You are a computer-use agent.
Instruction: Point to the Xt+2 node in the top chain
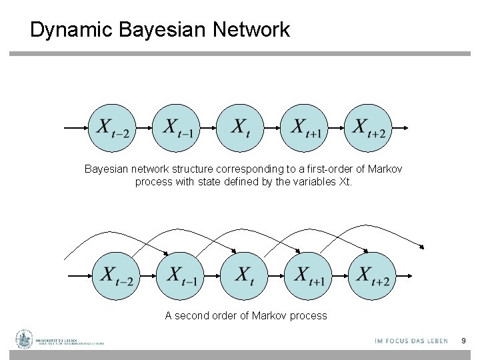coord(369,128)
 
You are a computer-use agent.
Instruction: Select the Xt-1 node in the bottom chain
coord(181,275)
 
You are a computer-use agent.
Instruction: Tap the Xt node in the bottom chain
coord(245,275)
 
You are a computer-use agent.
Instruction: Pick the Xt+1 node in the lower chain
coord(309,275)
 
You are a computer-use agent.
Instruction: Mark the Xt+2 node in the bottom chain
coord(372,275)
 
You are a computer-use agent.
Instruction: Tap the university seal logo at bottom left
coord(25,340)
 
